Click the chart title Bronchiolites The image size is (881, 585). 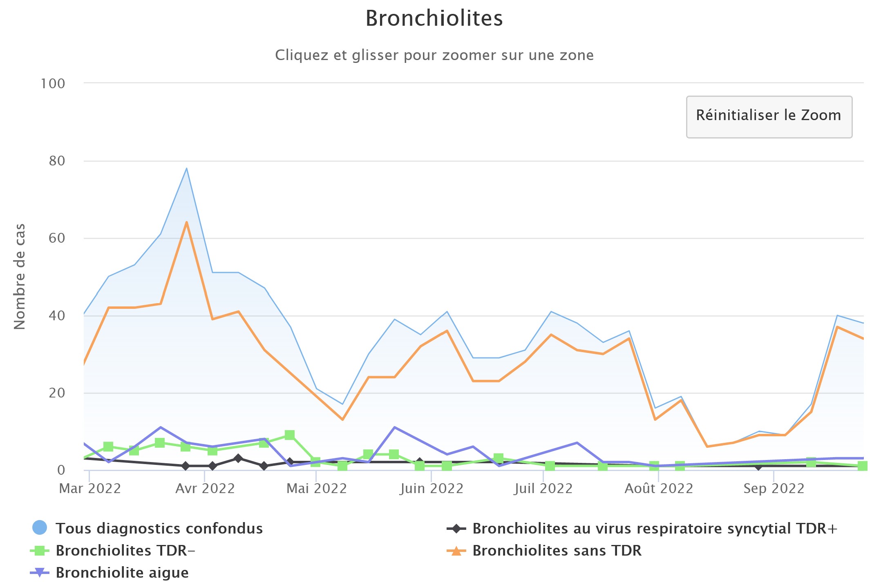point(434,18)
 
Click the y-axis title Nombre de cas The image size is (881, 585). point(19,277)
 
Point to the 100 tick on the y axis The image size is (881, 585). point(53,84)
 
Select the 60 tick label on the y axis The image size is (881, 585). point(57,238)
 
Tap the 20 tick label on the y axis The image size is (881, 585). point(57,393)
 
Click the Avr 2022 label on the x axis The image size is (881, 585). point(205,489)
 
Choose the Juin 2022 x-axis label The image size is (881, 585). point(432,489)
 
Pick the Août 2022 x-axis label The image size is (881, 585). point(659,489)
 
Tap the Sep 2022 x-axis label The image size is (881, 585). point(774,489)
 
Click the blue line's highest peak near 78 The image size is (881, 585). point(186,168)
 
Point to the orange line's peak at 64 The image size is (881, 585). point(186,222)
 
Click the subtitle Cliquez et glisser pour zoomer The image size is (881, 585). point(434,55)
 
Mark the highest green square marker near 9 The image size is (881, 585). point(290,435)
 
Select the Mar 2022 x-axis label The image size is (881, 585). point(90,489)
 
